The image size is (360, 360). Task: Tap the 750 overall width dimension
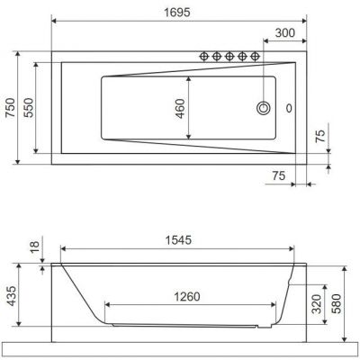click(x=12, y=109)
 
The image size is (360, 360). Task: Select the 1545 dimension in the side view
click(x=179, y=239)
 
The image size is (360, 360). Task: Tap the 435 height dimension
click(x=12, y=295)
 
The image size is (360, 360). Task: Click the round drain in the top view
click(x=265, y=108)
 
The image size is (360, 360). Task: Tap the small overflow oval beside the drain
click(x=289, y=108)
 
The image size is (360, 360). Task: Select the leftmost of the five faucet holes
click(x=203, y=58)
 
